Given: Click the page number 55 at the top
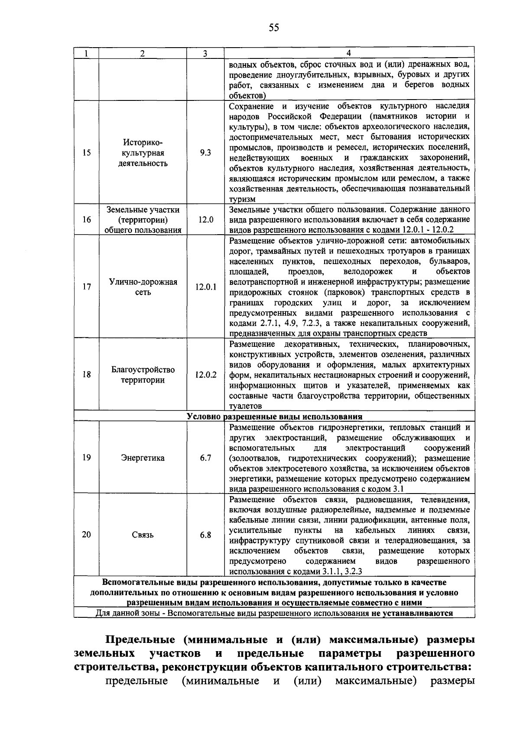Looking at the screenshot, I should tap(274, 28).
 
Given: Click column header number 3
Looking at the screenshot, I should tap(205, 53).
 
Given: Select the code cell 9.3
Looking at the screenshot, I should tap(205, 153).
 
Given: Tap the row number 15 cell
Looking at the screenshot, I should tap(87, 153).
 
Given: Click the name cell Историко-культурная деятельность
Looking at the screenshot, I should tap(143, 153).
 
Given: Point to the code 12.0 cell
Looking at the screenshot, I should tap(205, 220).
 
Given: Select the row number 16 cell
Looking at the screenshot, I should tap(87, 220).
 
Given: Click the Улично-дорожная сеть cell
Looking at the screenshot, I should tap(143, 287).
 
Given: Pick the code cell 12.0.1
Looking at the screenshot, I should tap(205, 287).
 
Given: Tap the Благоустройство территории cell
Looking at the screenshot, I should tap(143, 375).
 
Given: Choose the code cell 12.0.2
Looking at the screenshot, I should tap(205, 375).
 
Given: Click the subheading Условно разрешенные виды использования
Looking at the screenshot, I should tap(274, 417).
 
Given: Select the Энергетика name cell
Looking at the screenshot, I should tap(143, 458).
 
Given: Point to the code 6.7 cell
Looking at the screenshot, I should tap(205, 458).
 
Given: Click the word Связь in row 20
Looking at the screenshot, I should tap(143, 535).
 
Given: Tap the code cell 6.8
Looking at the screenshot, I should tap(205, 535).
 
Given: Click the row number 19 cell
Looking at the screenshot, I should tap(87, 458).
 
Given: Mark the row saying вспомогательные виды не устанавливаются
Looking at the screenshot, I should tap(274, 613).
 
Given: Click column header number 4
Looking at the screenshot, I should tap(349, 53).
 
